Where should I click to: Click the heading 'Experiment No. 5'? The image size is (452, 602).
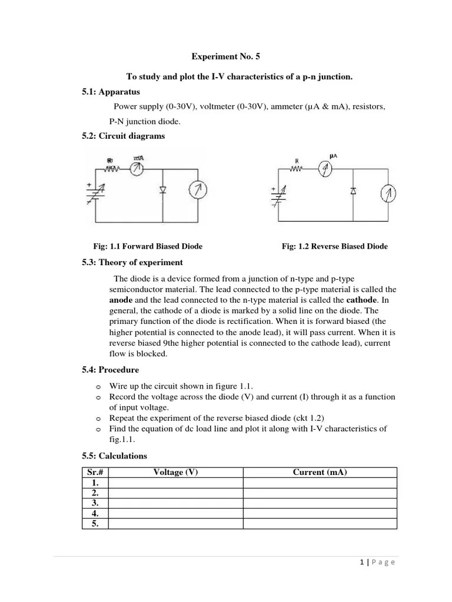[x=225, y=57]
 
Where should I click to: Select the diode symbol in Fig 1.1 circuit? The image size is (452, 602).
[x=163, y=190]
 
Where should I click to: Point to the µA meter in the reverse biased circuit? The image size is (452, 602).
[x=325, y=169]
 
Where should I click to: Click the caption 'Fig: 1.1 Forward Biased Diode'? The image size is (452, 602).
[x=148, y=246]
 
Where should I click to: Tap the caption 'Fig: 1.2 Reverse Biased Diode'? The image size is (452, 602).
[x=335, y=246]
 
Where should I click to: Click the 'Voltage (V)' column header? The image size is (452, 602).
[x=175, y=472]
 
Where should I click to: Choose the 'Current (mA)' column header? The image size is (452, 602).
[x=320, y=472]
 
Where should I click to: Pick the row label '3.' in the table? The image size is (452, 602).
[x=95, y=504]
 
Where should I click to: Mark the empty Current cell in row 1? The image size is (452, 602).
[x=320, y=483]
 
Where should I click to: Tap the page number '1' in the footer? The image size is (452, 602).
[x=361, y=562]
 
